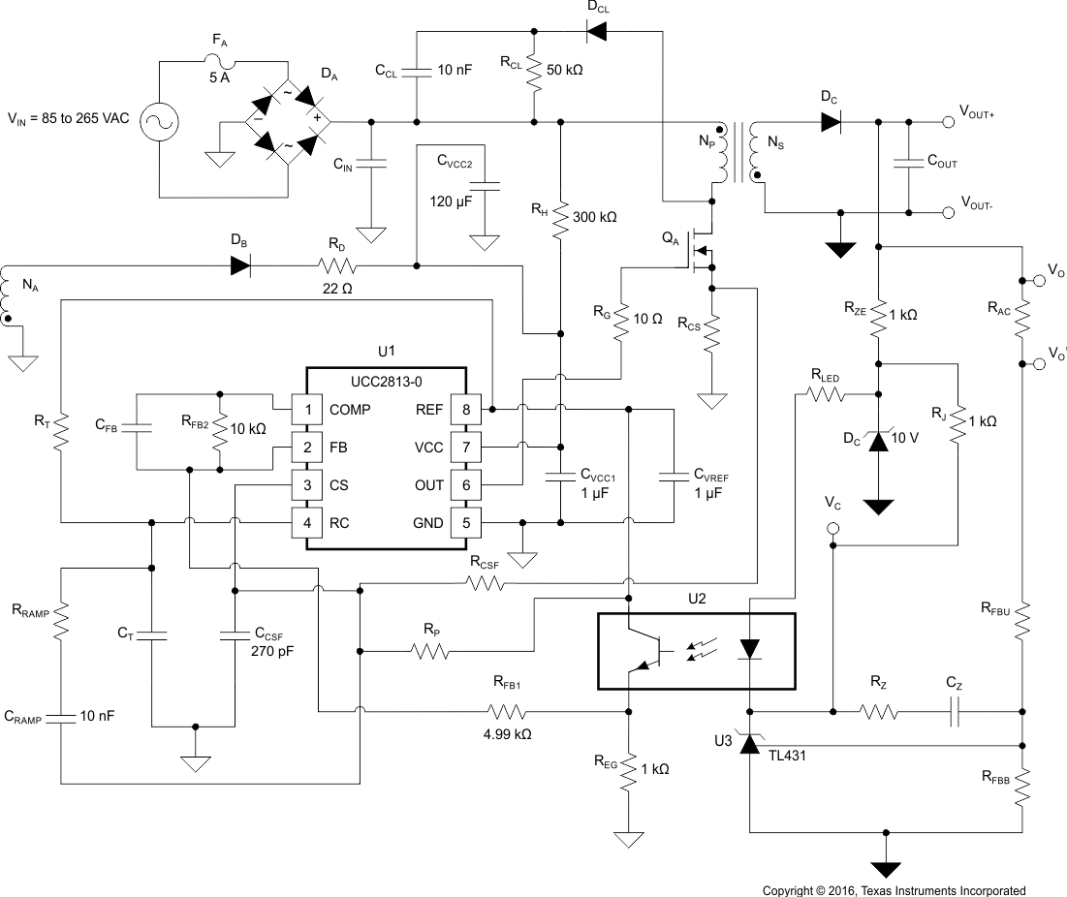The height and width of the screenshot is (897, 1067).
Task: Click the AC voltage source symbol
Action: point(155,121)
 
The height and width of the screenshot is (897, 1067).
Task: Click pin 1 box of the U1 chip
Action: point(307,410)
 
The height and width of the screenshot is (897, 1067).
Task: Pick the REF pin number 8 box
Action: point(466,410)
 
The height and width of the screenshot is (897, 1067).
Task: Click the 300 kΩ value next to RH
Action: point(595,217)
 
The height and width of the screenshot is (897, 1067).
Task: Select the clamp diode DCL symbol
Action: point(597,32)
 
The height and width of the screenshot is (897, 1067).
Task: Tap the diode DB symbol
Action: point(240,265)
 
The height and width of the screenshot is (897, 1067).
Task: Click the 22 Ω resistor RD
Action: point(335,265)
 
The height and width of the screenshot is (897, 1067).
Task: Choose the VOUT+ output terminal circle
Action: point(947,122)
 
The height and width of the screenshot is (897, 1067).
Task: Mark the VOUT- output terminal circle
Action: point(947,212)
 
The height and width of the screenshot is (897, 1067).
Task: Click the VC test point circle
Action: point(832,529)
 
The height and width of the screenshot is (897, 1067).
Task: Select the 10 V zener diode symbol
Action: point(878,442)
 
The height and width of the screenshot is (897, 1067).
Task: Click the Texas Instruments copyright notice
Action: point(893,889)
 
